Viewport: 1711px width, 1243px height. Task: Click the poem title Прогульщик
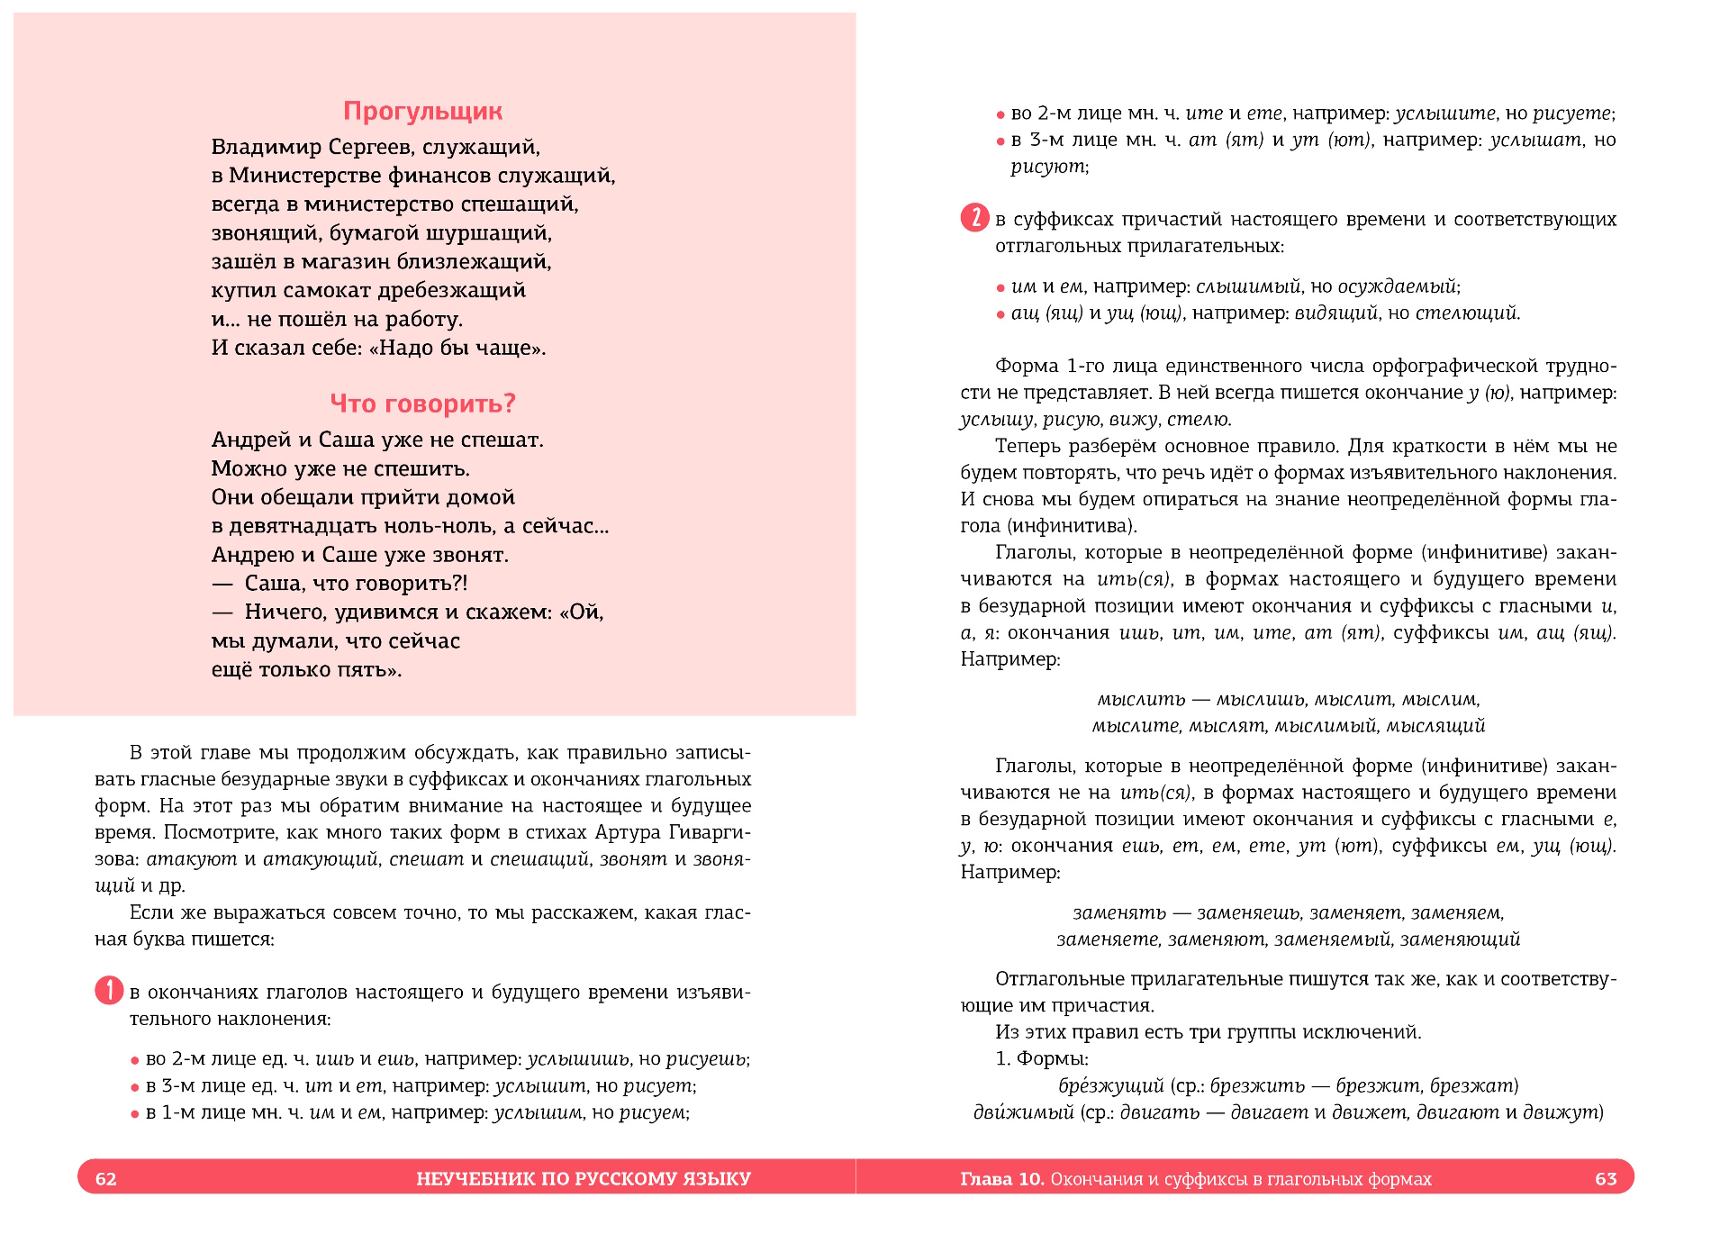[422, 111]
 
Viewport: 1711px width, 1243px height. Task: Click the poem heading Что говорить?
[422, 404]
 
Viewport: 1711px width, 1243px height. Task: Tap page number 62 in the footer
[106, 1179]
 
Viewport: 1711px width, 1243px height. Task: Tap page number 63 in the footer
[1606, 1179]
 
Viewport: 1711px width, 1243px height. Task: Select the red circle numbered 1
[109, 991]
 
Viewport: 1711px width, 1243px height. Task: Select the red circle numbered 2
[974, 218]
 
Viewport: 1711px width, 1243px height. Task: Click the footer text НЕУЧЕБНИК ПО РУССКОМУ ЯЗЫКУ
[583, 1179]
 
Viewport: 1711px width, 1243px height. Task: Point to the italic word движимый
[1023, 1112]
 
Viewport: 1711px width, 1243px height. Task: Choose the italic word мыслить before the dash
[1141, 699]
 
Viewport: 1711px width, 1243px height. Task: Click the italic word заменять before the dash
[1118, 912]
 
